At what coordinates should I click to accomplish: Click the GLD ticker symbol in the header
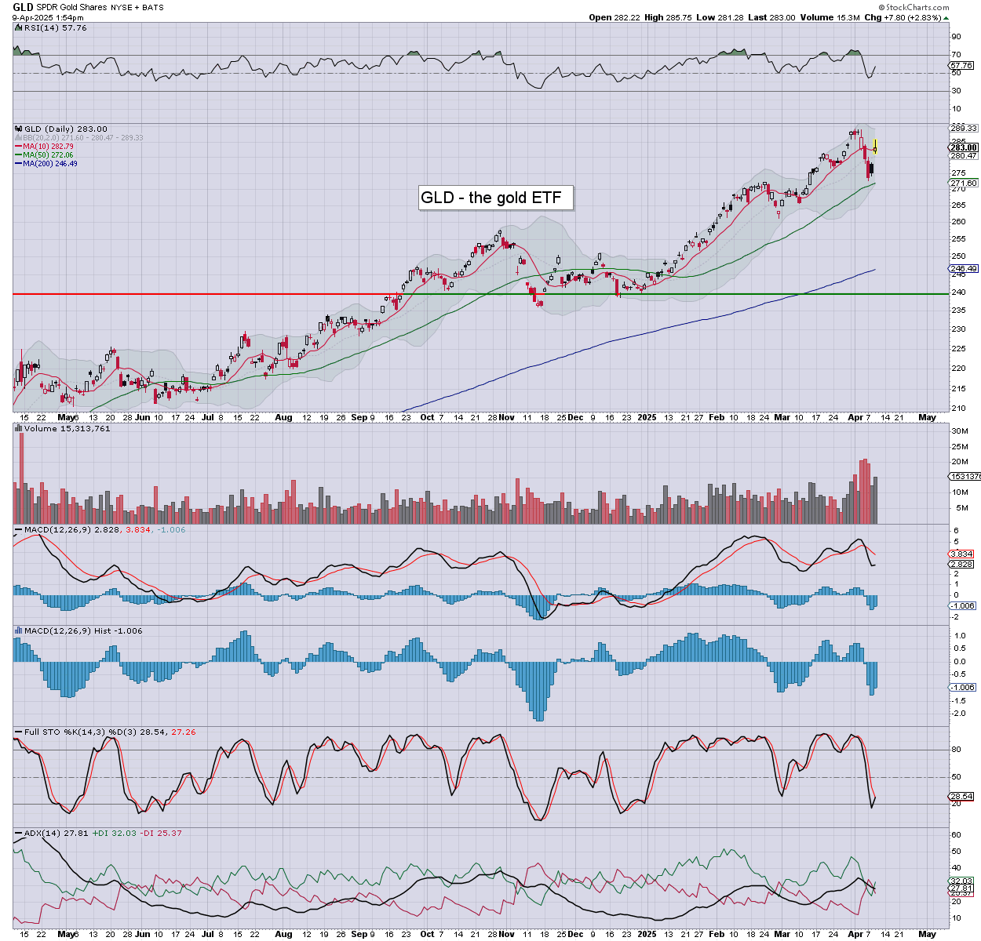pos(23,7)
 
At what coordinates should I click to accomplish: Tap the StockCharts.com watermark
pos(917,8)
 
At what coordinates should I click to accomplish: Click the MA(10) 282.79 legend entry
pos(48,147)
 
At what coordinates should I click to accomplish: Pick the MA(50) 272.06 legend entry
pos(48,155)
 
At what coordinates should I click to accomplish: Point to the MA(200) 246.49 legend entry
pos(49,163)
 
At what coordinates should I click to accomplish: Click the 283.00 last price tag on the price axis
pos(964,147)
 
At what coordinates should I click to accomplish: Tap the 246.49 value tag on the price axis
pos(964,268)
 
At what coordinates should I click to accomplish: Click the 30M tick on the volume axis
pos(959,431)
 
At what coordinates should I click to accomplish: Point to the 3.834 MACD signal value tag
pos(961,554)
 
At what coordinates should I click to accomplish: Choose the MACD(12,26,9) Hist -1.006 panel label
pos(83,630)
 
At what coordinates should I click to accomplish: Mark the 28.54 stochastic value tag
pos(961,797)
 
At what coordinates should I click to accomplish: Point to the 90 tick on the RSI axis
pos(956,36)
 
